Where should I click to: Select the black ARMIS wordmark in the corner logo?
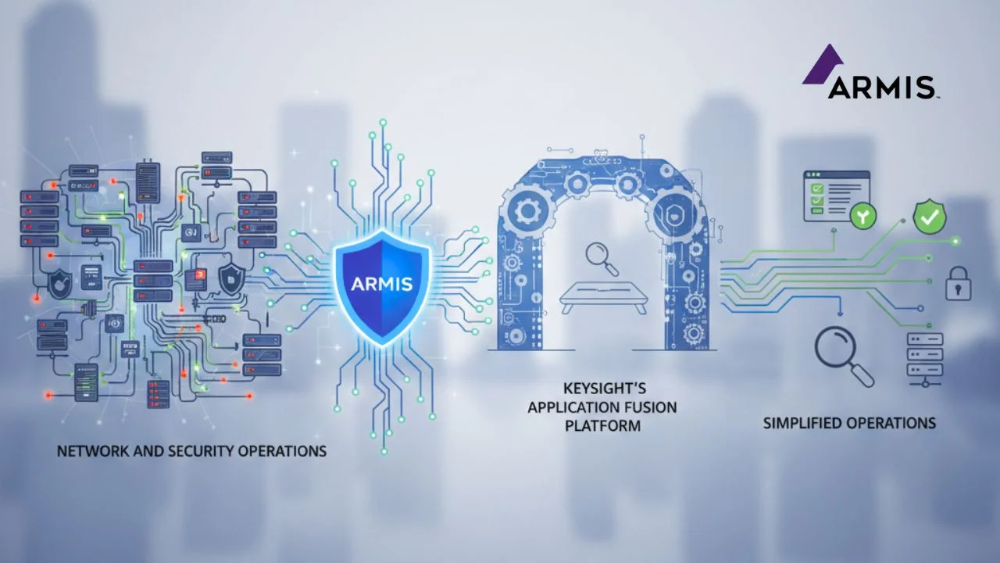point(882,87)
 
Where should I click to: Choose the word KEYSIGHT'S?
point(602,389)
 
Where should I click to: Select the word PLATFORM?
point(602,426)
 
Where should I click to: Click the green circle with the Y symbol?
point(862,218)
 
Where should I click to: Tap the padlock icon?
point(959,283)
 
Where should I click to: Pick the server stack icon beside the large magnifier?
point(924,357)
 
